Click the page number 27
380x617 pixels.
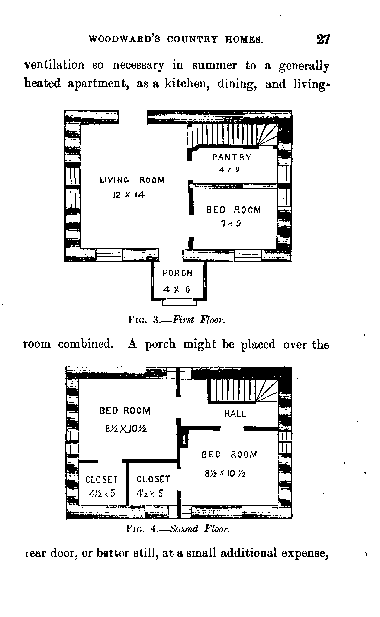[x=323, y=39]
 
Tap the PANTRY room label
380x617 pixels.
[x=232, y=157]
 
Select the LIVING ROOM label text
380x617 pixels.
[x=132, y=180]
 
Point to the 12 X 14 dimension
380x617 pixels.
[x=129, y=195]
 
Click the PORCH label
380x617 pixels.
[x=177, y=273]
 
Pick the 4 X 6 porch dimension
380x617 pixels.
[x=176, y=290]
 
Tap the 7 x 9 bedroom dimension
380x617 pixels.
[x=231, y=223]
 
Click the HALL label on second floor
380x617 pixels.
[x=235, y=414]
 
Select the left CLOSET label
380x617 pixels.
[x=102, y=479]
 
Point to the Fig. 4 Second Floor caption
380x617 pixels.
[x=178, y=529]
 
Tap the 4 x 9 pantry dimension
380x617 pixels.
[x=229, y=170]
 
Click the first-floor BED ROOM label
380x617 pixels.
[x=233, y=210]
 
